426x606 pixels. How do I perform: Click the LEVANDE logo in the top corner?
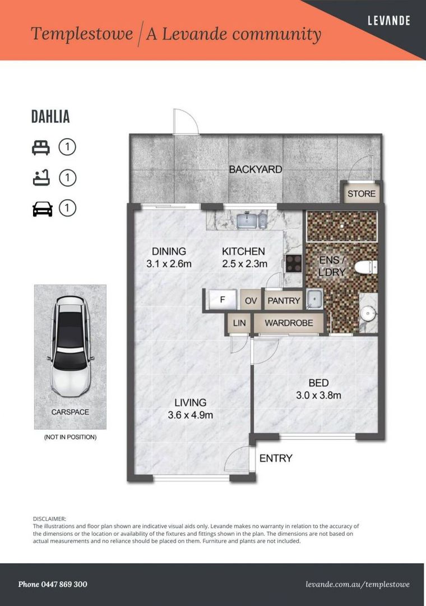click(x=389, y=20)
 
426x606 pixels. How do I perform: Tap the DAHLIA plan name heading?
click(x=50, y=117)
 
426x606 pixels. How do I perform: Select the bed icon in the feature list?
click(x=41, y=147)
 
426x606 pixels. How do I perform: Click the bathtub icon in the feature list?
click(x=41, y=178)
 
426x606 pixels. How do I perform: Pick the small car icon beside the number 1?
click(x=42, y=209)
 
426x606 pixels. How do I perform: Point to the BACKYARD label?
click(x=255, y=169)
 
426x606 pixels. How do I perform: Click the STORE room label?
click(x=361, y=194)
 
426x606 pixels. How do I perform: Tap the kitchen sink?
click(x=252, y=221)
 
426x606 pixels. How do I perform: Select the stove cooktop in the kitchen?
click(x=294, y=264)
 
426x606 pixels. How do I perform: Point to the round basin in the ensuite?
click(x=368, y=313)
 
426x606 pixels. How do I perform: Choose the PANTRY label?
click(x=284, y=301)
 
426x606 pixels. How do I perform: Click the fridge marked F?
click(x=223, y=300)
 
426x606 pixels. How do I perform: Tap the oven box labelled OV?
click(x=251, y=300)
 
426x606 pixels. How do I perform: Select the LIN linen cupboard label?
click(x=239, y=323)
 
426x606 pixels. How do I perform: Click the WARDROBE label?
click(x=289, y=323)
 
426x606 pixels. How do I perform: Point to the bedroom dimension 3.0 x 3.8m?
click(x=318, y=396)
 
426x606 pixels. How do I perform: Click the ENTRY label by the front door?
click(x=276, y=458)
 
